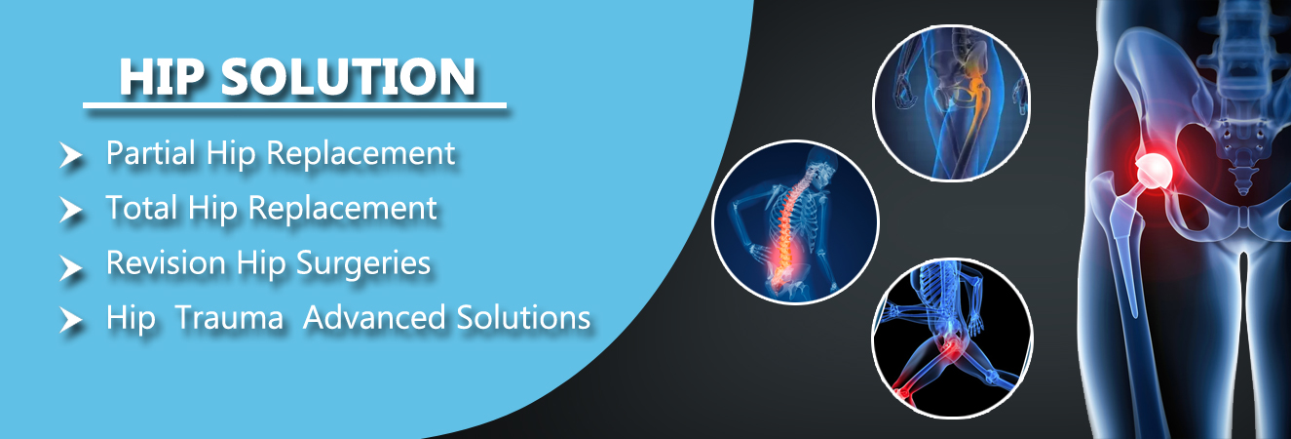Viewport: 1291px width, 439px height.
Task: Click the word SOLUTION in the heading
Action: point(349,77)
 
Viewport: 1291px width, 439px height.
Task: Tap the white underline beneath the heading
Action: point(294,105)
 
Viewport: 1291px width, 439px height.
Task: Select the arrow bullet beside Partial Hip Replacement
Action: point(71,155)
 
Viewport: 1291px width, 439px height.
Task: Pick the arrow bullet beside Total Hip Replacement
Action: point(71,210)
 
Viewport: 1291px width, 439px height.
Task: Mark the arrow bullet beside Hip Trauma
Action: point(71,321)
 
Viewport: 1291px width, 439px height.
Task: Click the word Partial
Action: point(151,153)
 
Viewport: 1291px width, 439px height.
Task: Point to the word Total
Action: point(142,208)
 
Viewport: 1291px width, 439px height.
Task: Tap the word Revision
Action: point(166,263)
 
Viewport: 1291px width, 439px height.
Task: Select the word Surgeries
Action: point(363,264)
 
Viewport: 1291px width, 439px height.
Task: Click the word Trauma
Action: point(229,318)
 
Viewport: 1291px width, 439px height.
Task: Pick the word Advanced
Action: point(374,318)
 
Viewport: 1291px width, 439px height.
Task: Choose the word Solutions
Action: point(524,318)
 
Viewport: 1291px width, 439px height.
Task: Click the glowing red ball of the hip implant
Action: point(1155,172)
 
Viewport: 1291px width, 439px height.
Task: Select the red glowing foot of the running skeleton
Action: point(902,392)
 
